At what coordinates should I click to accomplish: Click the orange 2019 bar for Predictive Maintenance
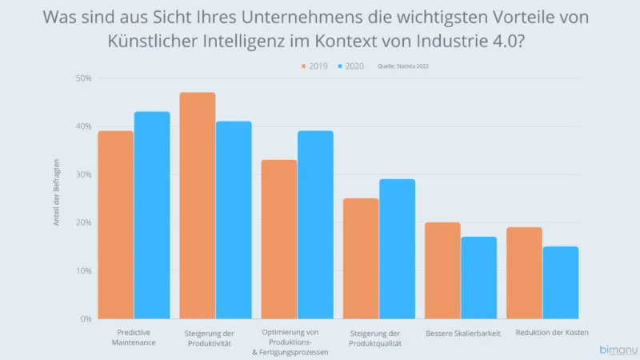[x=115, y=225]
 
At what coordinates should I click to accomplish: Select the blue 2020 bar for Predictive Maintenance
[x=152, y=215]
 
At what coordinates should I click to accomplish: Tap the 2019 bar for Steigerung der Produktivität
[x=197, y=206]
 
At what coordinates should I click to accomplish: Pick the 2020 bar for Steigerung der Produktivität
[x=234, y=220]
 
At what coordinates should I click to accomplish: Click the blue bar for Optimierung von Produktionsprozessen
[x=315, y=225]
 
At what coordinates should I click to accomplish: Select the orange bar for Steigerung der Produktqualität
[x=361, y=258]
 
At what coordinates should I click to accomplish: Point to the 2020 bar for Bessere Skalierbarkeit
[x=478, y=278]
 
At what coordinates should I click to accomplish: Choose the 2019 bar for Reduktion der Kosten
[x=524, y=273]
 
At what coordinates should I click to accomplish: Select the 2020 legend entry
[x=349, y=66]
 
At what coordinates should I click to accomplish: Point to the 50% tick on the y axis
[x=84, y=78]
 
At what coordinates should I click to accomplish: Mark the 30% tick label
[x=84, y=174]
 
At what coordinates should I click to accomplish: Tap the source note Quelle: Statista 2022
[x=409, y=66]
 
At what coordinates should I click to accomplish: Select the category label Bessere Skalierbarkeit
[x=463, y=333]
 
